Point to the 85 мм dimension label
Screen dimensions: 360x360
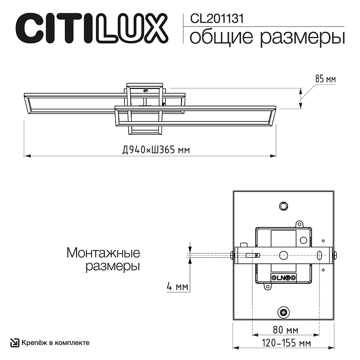[x=325, y=79]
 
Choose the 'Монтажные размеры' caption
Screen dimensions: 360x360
[x=103, y=260]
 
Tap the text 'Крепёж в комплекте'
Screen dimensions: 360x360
[x=56, y=343]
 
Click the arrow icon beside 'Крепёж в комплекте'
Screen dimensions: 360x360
[x=16, y=343]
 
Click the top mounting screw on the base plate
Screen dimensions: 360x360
[x=283, y=206]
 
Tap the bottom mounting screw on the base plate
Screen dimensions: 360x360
[x=283, y=312]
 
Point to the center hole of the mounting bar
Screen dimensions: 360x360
[x=283, y=255]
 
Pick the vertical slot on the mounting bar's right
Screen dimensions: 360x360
[x=319, y=255]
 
